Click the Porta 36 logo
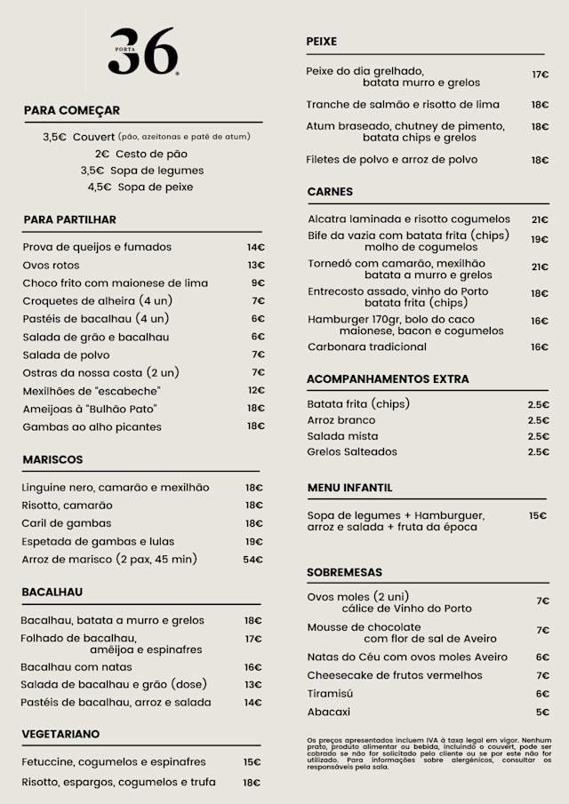tap(143, 51)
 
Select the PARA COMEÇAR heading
tap(72, 110)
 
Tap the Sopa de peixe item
tap(140, 187)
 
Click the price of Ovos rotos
tap(256, 265)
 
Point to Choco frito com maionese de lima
tap(116, 283)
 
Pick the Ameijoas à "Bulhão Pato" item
tap(90, 409)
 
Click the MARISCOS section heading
tap(52, 459)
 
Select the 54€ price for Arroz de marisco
tap(253, 560)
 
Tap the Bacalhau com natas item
tap(77, 667)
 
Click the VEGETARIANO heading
tap(60, 734)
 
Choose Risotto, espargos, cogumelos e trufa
tap(117, 783)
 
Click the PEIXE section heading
tap(321, 42)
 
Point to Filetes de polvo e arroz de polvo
tap(392, 160)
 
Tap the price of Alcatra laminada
tap(540, 219)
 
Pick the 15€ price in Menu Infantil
tap(537, 515)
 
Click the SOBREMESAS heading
tap(344, 572)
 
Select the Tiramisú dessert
tap(331, 694)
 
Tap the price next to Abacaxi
tap(542, 712)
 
